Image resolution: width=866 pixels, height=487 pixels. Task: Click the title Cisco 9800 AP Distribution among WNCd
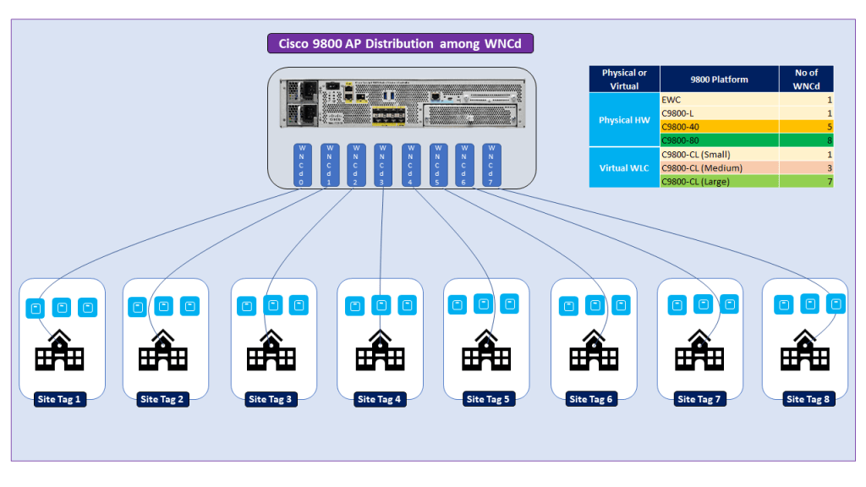[x=400, y=44]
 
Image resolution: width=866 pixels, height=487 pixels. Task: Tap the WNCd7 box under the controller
[x=491, y=165]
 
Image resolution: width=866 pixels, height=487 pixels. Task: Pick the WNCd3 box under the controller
[x=382, y=165]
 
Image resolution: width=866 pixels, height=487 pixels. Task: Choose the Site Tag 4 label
[x=379, y=399]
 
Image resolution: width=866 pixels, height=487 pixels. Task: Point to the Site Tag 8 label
[x=808, y=399]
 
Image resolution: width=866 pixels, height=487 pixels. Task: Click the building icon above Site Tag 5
[x=486, y=351]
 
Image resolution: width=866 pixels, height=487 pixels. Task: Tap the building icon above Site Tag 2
[x=163, y=351]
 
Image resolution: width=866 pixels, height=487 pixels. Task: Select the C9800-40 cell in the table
[x=719, y=126]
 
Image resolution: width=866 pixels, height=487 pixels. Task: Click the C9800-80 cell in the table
[x=719, y=140]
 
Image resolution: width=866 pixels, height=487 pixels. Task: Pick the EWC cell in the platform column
[x=719, y=99]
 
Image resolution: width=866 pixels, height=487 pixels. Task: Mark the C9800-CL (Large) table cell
[x=719, y=181]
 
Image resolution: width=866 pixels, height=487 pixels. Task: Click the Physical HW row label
[x=624, y=120]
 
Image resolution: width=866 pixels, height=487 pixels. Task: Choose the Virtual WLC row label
[x=624, y=167]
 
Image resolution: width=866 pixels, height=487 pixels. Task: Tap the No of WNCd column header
[x=806, y=79]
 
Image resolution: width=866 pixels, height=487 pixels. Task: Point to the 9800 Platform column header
[x=719, y=79]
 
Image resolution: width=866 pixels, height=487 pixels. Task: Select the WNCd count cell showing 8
[x=806, y=140]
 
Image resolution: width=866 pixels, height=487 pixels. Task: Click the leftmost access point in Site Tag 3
[x=246, y=306]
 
